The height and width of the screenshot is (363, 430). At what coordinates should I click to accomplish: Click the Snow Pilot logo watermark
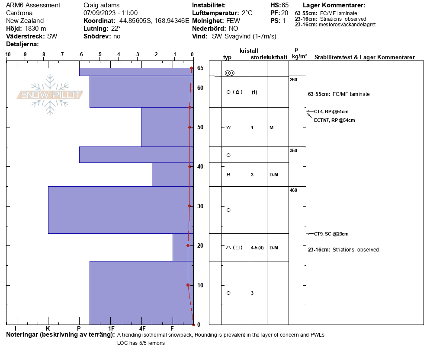click(50, 95)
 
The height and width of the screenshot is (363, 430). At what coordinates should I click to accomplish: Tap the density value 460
click(293, 190)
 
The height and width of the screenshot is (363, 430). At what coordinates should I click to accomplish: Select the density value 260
click(293, 80)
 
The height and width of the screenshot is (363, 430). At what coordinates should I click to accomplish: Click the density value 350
click(293, 150)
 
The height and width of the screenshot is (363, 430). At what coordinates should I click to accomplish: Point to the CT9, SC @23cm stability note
click(331, 234)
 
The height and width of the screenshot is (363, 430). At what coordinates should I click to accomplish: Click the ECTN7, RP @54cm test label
click(334, 120)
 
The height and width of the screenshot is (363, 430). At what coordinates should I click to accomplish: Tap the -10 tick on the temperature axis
click(7, 54)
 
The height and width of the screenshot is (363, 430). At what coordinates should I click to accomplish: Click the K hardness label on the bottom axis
click(48, 329)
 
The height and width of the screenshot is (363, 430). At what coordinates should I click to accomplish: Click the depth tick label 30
click(200, 206)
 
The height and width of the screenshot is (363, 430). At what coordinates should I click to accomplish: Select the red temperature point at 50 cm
click(189, 127)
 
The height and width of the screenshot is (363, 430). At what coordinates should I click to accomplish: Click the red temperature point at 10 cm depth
click(188, 285)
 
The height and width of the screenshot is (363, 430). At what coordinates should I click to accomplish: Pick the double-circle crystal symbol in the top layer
click(229, 73)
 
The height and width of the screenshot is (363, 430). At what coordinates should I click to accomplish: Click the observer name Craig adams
click(101, 5)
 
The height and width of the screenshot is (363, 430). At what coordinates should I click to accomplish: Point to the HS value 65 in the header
click(285, 5)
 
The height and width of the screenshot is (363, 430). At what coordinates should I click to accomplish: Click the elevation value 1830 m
click(35, 29)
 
